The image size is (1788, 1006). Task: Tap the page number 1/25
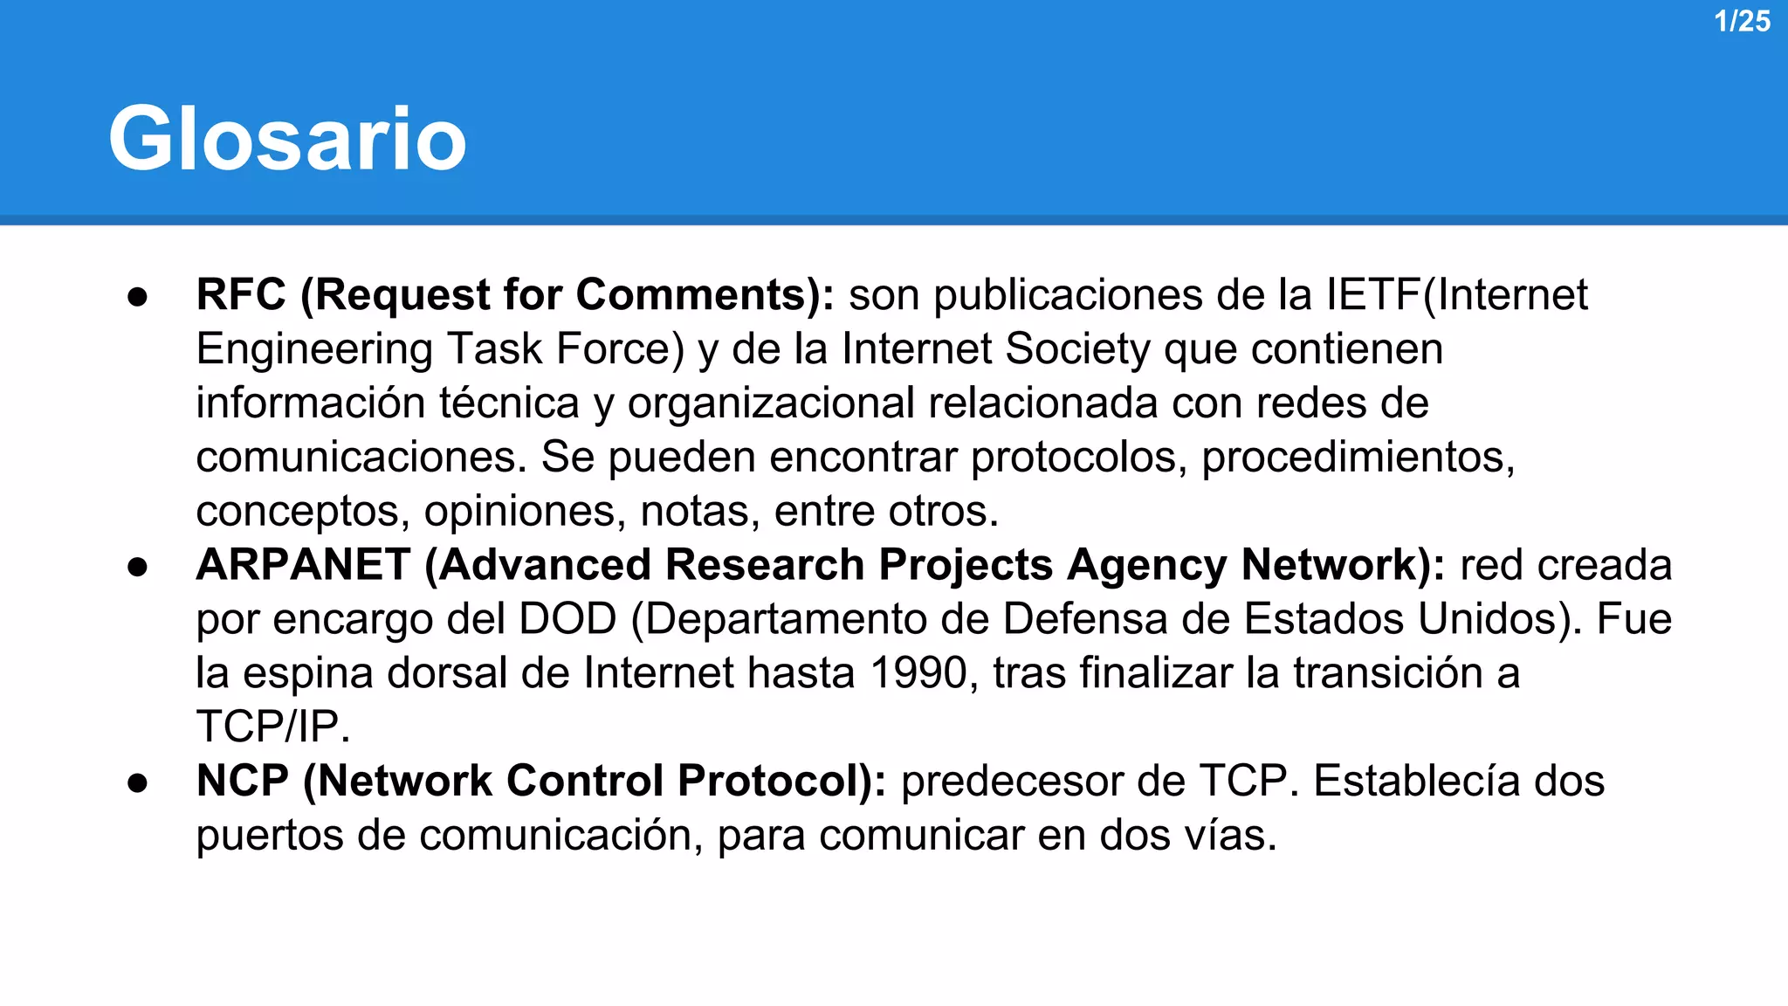[1742, 21]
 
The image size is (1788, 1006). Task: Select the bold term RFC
[241, 294]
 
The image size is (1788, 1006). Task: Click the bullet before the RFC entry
[137, 296]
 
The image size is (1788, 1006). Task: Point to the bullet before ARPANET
[137, 567]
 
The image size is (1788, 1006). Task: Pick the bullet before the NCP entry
[137, 782]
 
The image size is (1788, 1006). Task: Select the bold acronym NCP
[243, 781]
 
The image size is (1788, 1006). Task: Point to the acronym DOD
[567, 619]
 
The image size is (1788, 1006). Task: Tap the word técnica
[509, 403]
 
